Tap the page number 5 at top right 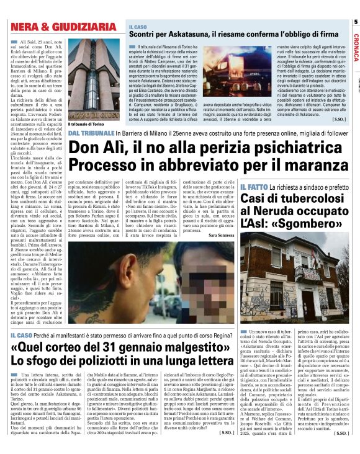[355, 23]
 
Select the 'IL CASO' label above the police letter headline [22, 336]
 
